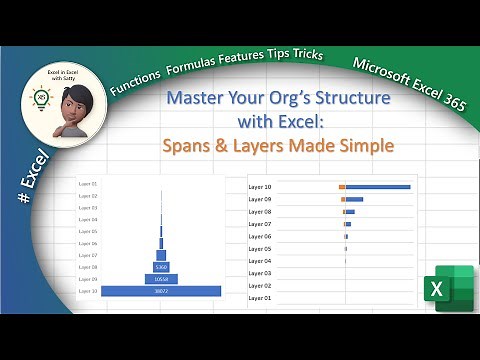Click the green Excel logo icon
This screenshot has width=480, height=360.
click(x=447, y=289)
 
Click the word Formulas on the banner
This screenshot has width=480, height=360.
click(x=198, y=62)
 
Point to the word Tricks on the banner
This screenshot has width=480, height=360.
click(x=303, y=54)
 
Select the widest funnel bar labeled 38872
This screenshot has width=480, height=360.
click(x=160, y=291)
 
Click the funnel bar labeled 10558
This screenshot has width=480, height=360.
click(x=160, y=279)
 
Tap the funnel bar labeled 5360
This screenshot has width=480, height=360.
click(x=160, y=267)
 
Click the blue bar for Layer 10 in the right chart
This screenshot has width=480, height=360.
click(x=378, y=187)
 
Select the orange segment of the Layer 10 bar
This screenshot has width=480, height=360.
click(x=342, y=187)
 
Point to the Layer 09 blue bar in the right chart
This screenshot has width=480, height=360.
click(x=354, y=199)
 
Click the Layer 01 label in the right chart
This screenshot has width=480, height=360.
click(x=259, y=298)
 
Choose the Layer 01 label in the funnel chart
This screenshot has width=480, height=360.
click(x=88, y=184)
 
